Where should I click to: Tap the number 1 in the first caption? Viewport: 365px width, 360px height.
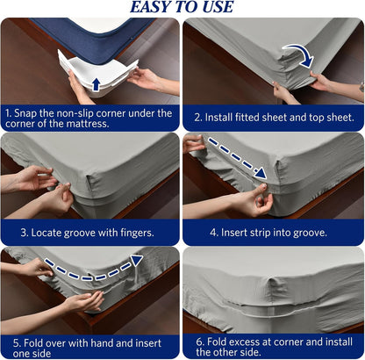(x=9, y=113)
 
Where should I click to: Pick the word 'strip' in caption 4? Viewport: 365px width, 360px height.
(x=262, y=233)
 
